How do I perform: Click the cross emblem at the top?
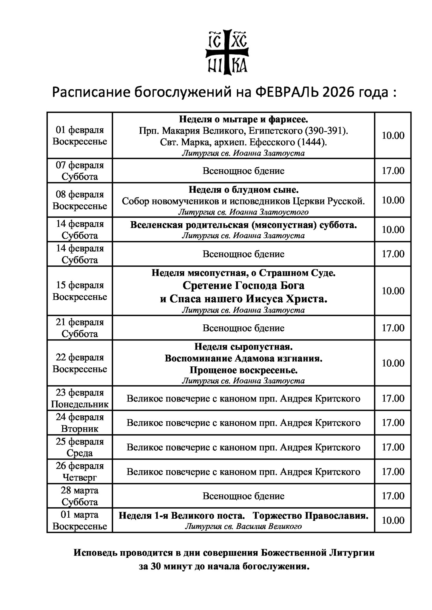pyautogui.click(x=228, y=52)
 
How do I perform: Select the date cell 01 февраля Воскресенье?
pyautogui.click(x=80, y=136)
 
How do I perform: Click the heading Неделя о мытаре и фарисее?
pyautogui.click(x=243, y=119)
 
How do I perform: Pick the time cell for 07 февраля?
pyautogui.click(x=393, y=171)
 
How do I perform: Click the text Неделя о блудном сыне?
pyautogui.click(x=243, y=190)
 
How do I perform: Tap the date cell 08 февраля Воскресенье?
pyautogui.click(x=80, y=200)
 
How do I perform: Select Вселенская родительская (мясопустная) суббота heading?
pyautogui.click(x=243, y=225)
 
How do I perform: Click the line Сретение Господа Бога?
pyautogui.click(x=243, y=285)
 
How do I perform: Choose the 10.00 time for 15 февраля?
pyautogui.click(x=393, y=291)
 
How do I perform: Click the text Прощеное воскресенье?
pyautogui.click(x=243, y=370)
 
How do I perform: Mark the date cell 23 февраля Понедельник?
pyautogui.click(x=80, y=399)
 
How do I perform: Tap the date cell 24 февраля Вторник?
pyautogui.click(x=80, y=423)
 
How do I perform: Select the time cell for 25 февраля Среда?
pyautogui.click(x=393, y=447)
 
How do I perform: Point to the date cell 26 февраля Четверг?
pyautogui.click(x=80, y=472)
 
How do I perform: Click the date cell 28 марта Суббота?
pyautogui.click(x=80, y=496)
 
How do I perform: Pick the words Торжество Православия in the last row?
pyautogui.click(x=312, y=516)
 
